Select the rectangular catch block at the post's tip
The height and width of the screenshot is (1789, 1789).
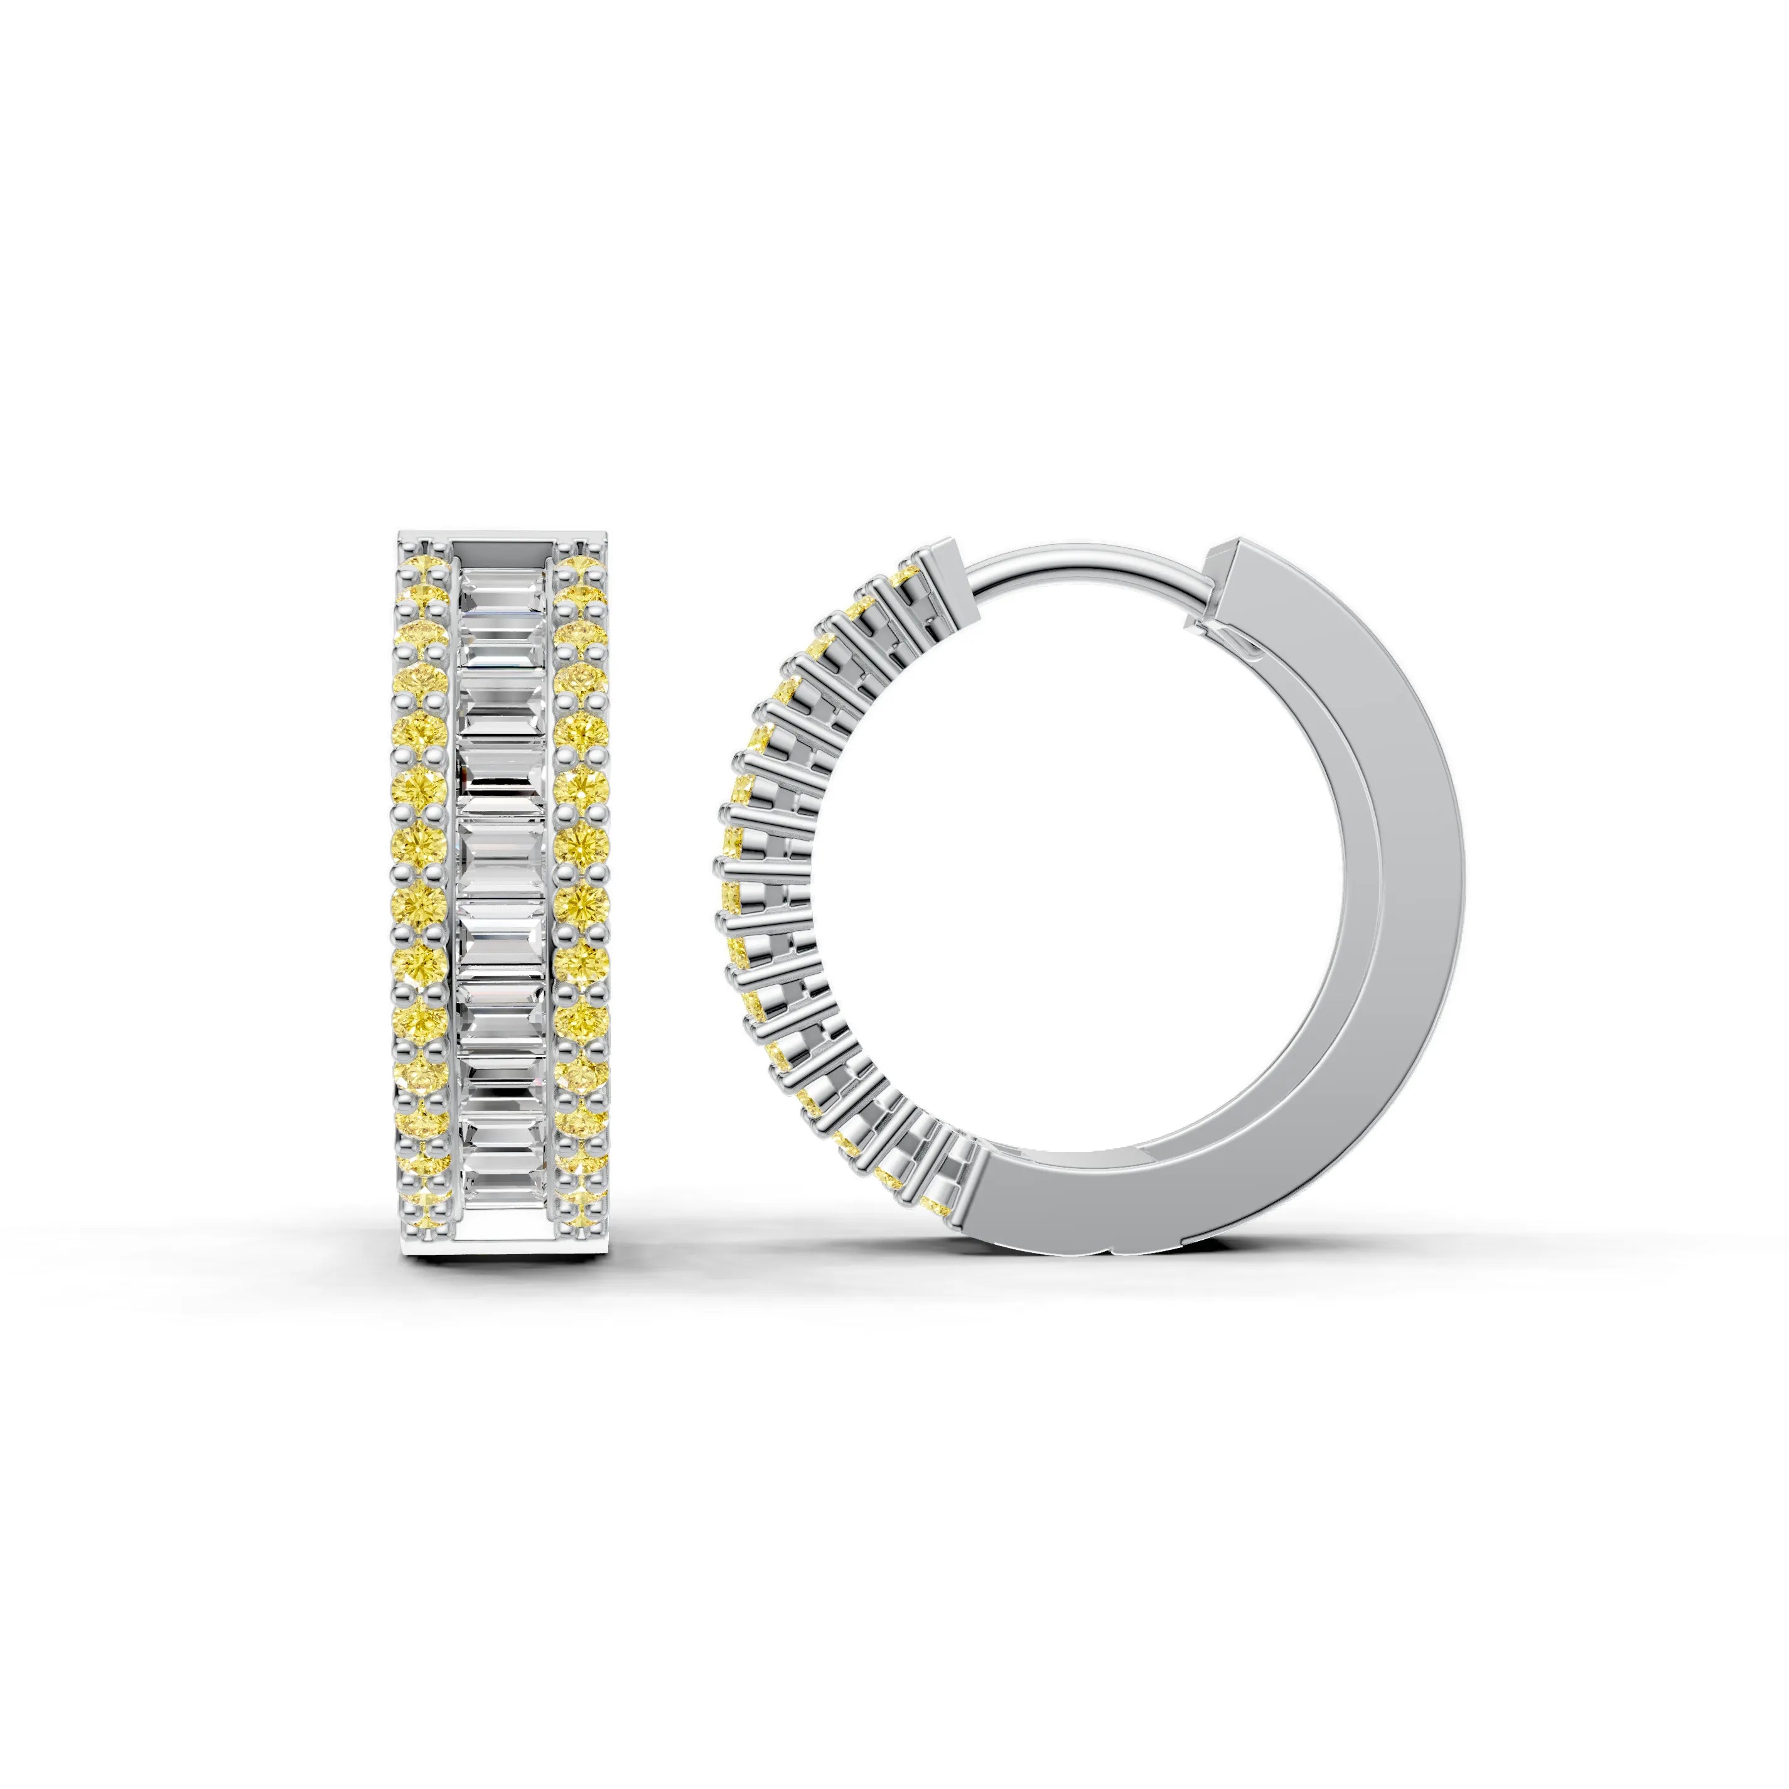click(945, 559)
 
